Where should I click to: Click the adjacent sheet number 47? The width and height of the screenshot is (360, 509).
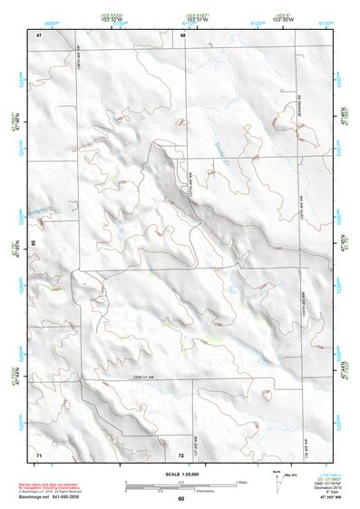pos(39,34)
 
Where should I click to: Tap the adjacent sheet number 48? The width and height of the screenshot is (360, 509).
pos(182,34)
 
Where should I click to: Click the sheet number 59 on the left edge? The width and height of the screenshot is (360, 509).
pos(34,244)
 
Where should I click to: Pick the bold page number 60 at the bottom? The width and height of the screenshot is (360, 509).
pos(180,498)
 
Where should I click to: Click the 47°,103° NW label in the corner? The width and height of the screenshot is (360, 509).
pos(326,498)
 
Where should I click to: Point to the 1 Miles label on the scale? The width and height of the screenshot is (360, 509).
pos(241,480)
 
